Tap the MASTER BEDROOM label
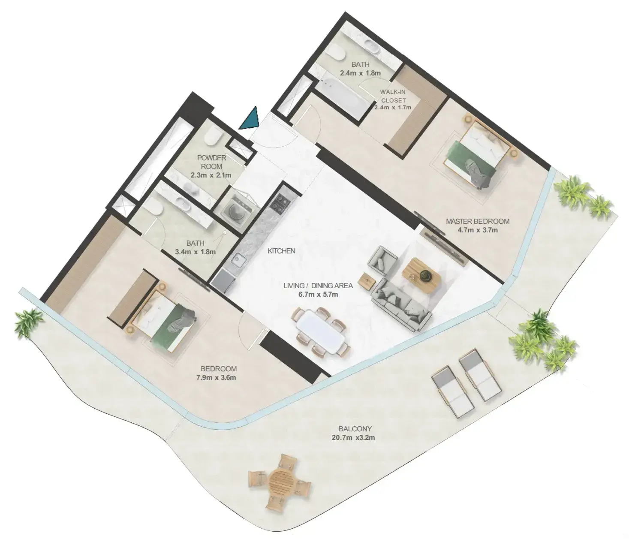click(478, 221)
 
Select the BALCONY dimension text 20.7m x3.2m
click(353, 437)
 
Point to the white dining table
click(321, 332)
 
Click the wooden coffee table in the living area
click(421, 275)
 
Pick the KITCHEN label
click(281, 251)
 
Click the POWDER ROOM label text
click(211, 162)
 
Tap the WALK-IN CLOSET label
click(393, 96)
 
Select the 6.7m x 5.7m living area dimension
click(318, 294)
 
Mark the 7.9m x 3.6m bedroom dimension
click(216, 378)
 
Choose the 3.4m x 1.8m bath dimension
click(196, 252)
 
